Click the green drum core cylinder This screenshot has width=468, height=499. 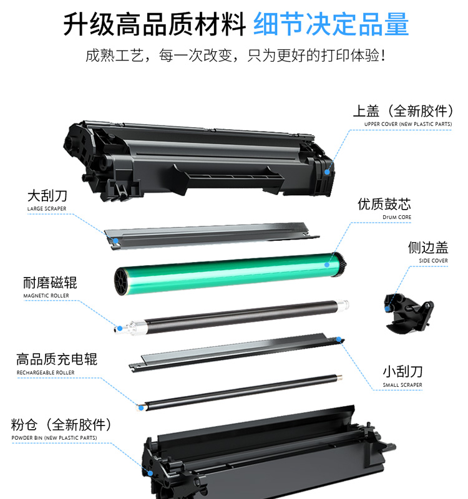(230, 274)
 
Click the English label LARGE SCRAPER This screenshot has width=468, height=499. (47, 209)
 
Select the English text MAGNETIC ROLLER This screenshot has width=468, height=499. (46, 296)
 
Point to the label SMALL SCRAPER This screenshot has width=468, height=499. (402, 385)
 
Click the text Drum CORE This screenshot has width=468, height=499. (397, 217)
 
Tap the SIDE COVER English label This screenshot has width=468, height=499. (433, 261)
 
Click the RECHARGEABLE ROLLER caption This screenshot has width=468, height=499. (46, 372)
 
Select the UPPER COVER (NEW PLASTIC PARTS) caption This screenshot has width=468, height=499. (408, 124)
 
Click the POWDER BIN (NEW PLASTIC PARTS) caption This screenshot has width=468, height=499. (54, 438)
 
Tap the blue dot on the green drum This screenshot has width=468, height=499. (327, 264)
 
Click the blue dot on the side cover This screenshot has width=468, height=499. (387, 309)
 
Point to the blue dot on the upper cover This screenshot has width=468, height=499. (327, 172)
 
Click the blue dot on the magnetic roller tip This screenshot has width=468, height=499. (120, 328)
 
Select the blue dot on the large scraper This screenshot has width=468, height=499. (116, 241)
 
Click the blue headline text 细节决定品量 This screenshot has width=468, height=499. (331, 24)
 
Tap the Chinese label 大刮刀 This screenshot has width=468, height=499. (47, 196)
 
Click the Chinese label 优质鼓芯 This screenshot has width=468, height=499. (384, 204)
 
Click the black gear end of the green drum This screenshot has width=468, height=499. (340, 264)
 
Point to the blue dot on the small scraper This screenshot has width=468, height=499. (339, 339)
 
